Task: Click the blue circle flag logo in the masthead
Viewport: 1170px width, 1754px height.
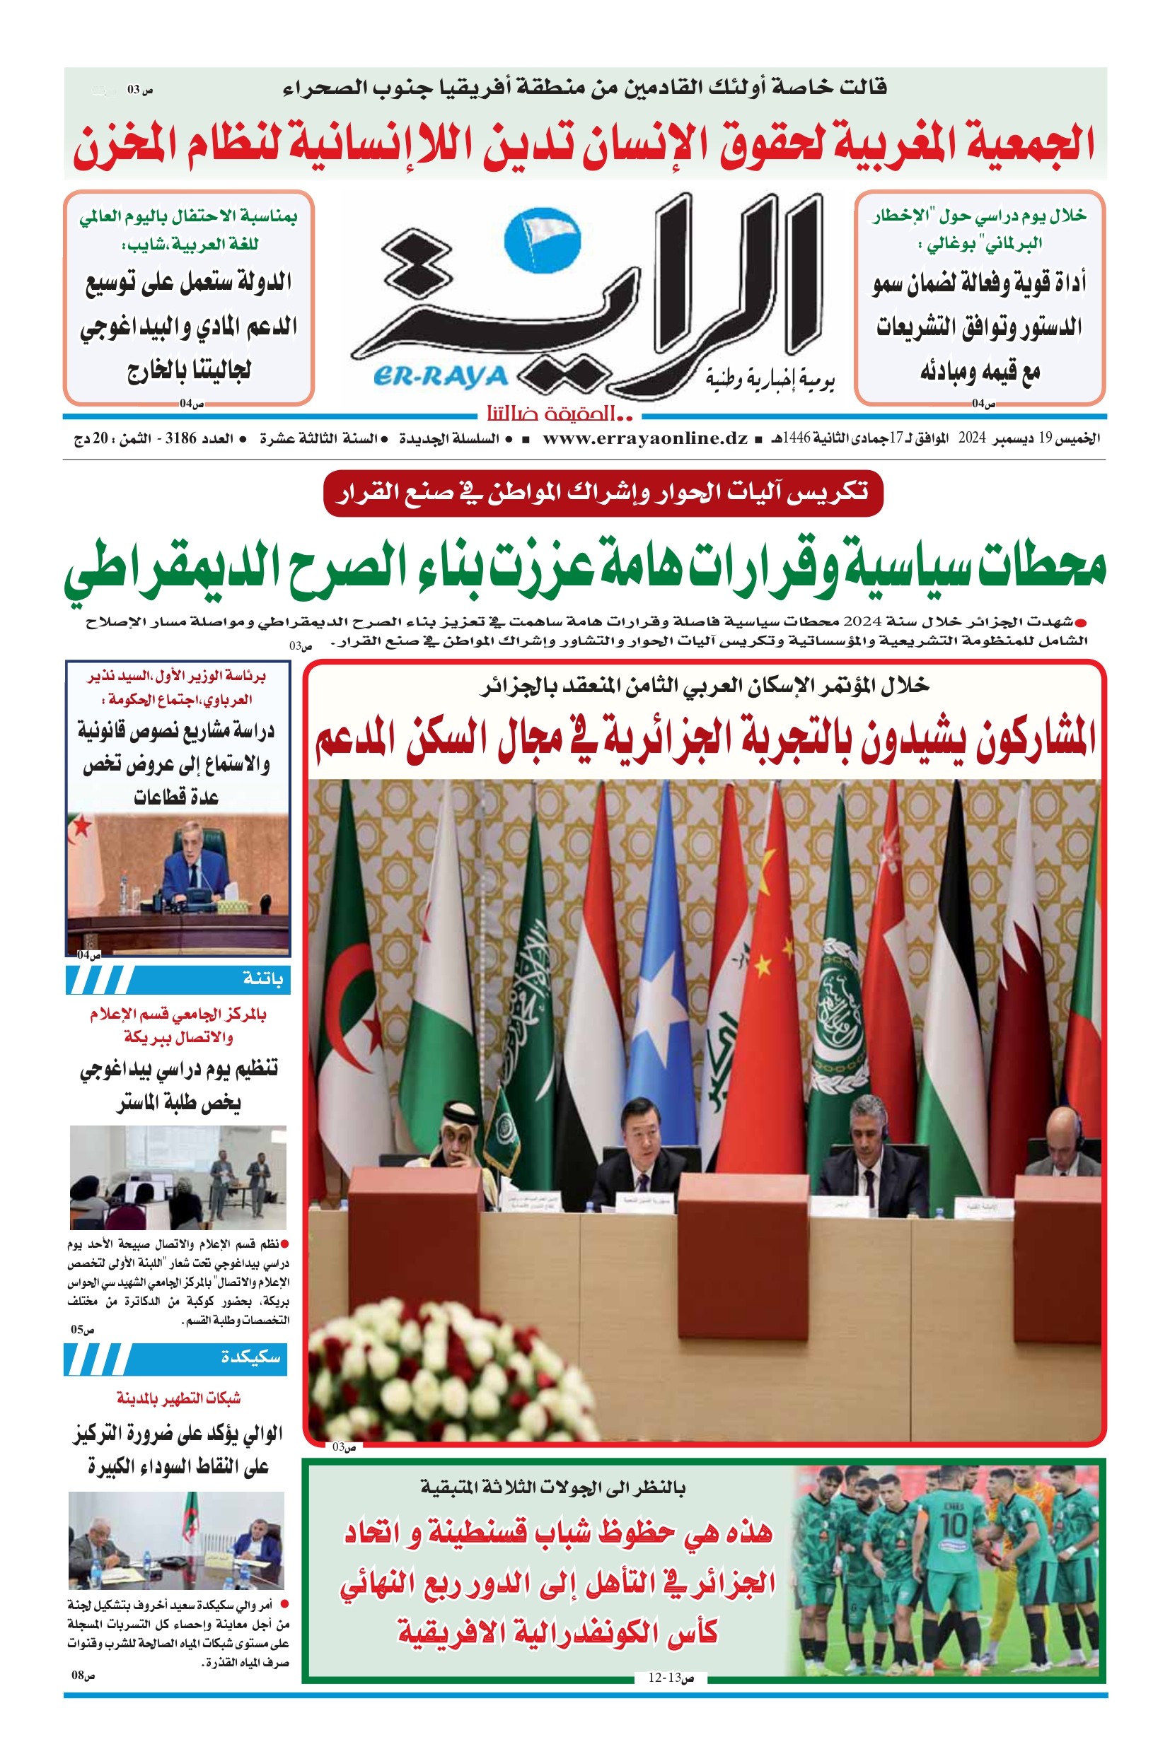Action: (x=543, y=240)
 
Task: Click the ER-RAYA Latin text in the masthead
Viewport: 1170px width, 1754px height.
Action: (x=440, y=378)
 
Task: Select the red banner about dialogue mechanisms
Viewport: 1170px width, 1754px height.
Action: (x=603, y=493)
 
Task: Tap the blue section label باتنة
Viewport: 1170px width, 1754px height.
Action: (x=262, y=979)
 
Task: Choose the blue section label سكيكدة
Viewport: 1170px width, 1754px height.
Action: (x=250, y=1357)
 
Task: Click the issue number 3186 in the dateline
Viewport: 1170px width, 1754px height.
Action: (x=180, y=438)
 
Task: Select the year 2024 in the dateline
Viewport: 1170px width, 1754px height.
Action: (x=972, y=438)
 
